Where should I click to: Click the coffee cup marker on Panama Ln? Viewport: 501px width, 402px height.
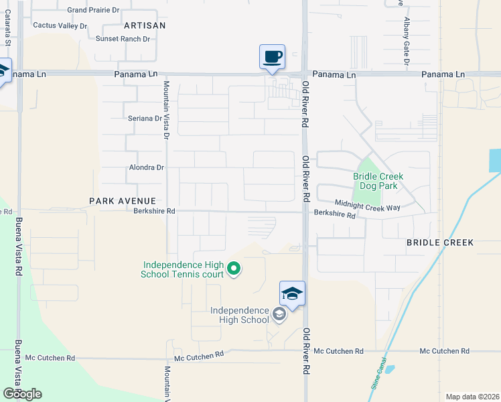272,58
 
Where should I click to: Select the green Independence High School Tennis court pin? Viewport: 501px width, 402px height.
234,269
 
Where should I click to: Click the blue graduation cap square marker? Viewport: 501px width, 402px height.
293,293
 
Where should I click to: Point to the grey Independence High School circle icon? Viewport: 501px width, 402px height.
279,314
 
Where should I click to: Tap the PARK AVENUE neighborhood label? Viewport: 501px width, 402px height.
123,200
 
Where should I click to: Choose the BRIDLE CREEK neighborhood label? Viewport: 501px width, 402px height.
440,242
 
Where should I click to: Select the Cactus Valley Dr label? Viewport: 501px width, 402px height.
60,25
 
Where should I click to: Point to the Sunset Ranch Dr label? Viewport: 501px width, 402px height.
123,39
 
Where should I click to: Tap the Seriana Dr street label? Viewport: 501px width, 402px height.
145,119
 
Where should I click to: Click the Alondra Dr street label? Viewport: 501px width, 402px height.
146,167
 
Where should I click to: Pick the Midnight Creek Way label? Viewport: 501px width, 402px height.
368,208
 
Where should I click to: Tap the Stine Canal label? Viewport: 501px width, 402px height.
378,375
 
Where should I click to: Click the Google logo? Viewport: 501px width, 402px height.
22,394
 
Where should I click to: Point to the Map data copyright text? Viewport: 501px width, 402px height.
472,397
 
